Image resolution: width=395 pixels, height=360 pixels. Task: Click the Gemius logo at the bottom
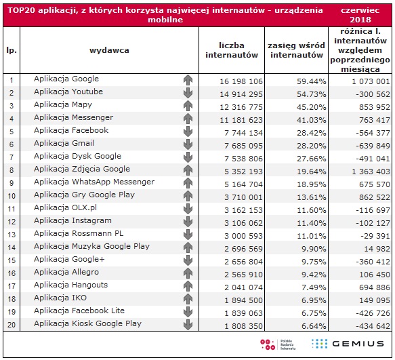(348, 344)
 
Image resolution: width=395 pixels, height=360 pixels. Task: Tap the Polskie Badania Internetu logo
(278, 344)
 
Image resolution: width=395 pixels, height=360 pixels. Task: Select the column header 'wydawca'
(109, 50)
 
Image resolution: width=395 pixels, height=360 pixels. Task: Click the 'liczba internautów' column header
(232, 50)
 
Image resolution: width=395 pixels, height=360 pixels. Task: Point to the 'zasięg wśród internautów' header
(296, 50)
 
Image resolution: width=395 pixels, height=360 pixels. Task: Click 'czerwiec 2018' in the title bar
(360, 15)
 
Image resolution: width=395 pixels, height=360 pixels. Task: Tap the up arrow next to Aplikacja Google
(188, 80)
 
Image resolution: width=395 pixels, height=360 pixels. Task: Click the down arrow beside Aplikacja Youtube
(188, 93)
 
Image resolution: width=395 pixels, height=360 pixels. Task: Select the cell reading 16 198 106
(241, 81)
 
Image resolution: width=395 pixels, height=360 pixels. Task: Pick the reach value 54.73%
(312, 94)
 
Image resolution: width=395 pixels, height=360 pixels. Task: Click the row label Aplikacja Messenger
(74, 117)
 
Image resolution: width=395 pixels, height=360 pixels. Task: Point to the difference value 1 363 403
(371, 172)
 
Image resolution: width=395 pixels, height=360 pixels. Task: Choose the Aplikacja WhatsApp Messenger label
(94, 182)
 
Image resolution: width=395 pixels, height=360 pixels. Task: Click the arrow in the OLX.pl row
(188, 209)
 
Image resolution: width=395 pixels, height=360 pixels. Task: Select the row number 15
(12, 260)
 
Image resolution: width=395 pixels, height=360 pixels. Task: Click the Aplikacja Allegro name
(66, 272)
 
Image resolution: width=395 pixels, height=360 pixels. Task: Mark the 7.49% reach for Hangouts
(314, 287)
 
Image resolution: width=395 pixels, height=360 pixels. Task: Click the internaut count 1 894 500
(243, 300)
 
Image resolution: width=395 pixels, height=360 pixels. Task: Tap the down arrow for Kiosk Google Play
(188, 325)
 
